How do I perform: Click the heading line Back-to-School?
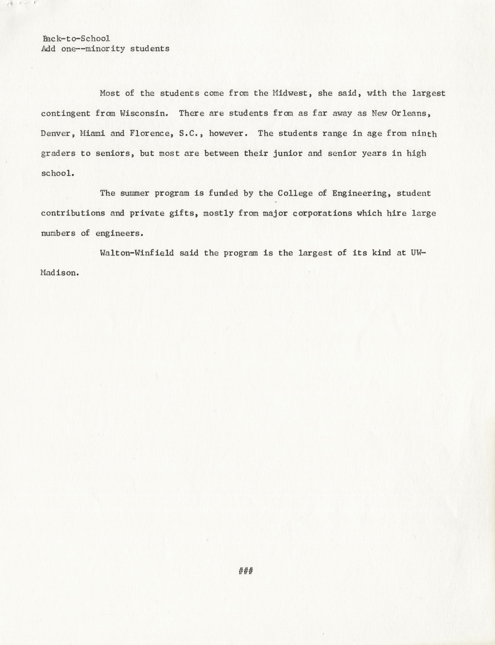click(x=76, y=39)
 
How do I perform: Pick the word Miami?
click(x=93, y=133)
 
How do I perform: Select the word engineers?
click(x=119, y=233)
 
